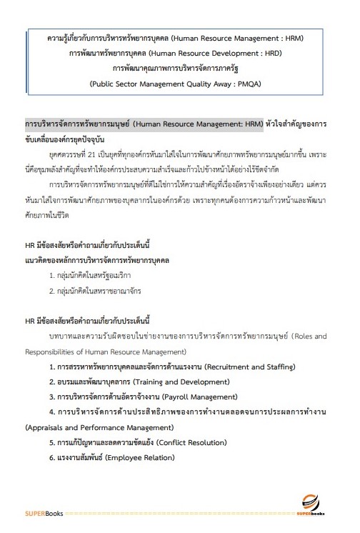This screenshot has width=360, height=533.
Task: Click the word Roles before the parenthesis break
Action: click(x=299, y=337)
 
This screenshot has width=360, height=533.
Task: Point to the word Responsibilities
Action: click(x=51, y=352)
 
